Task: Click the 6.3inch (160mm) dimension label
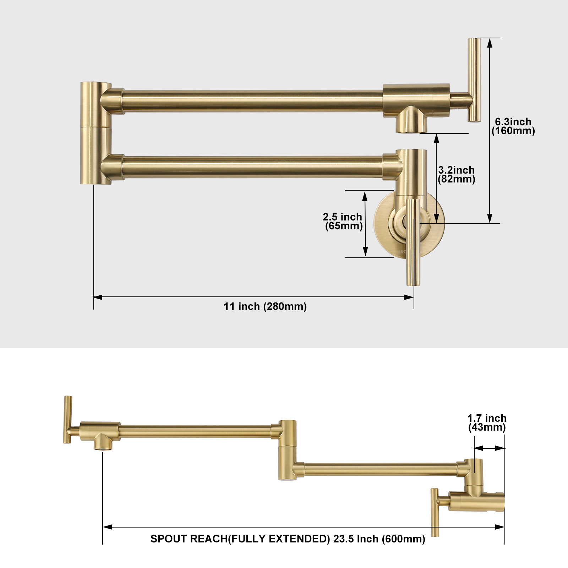(513, 126)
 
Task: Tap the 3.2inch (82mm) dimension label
(456, 175)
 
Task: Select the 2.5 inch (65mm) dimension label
(343, 222)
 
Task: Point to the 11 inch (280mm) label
(265, 306)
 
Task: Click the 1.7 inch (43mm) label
(487, 423)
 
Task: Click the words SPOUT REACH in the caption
(189, 539)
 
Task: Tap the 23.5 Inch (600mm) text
(379, 539)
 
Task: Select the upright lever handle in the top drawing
(474, 80)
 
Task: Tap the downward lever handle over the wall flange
(413, 242)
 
